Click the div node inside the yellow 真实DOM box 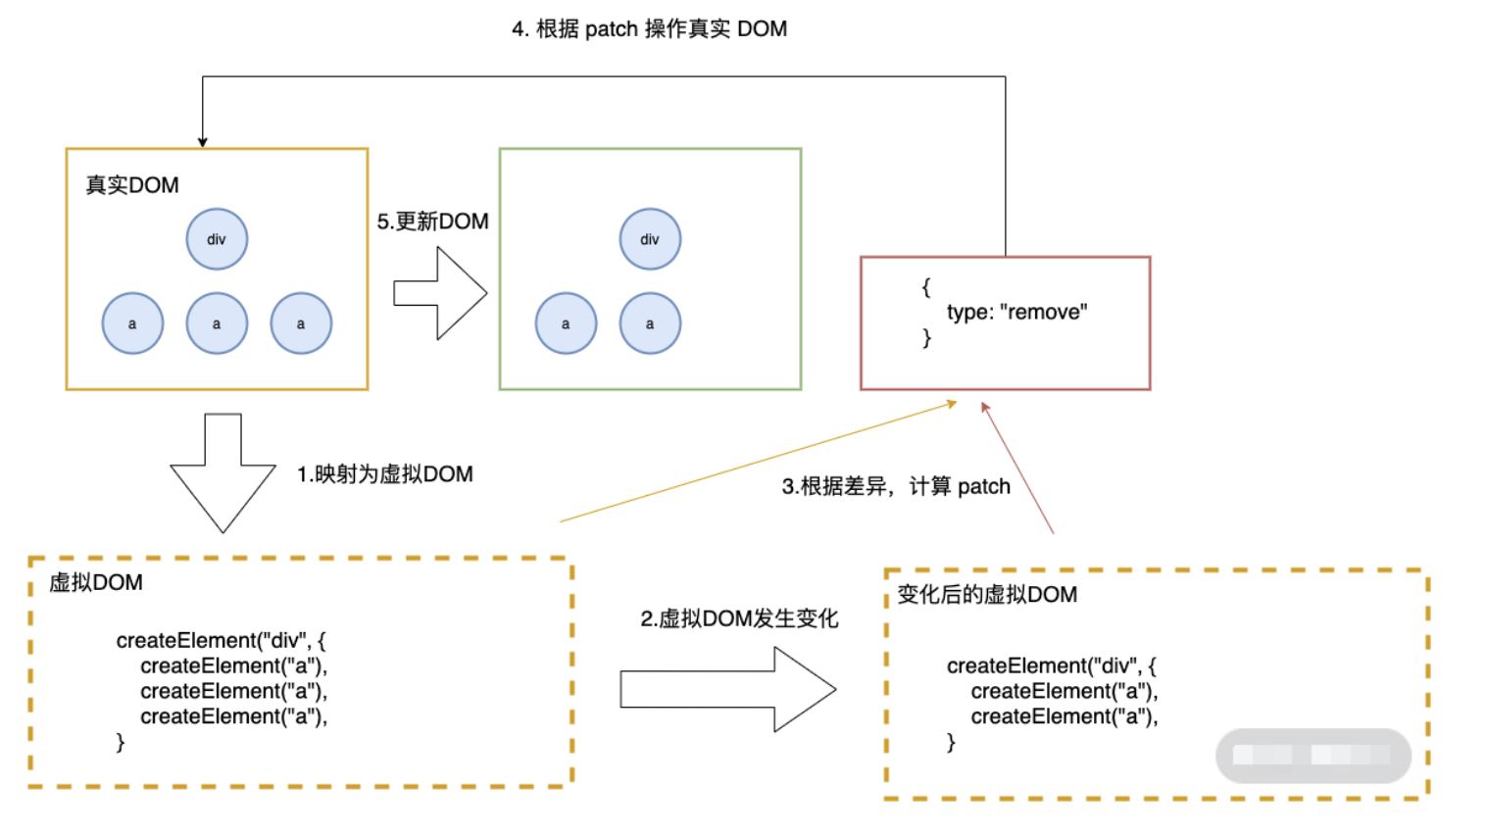pos(217,239)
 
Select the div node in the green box pos(650,239)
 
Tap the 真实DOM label pos(132,185)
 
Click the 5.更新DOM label pos(432,222)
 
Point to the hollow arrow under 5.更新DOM pos(440,293)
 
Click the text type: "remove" pos(1016,313)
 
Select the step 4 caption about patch pos(649,29)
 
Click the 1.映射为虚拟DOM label pos(385,474)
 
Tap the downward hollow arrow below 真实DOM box pos(223,472)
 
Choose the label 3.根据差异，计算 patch pos(896,486)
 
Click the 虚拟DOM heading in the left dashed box pos(96,583)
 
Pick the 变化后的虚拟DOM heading pos(987,595)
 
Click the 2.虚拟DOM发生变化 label pos(739,619)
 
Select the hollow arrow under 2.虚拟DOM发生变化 pos(727,689)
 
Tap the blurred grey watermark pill pos(1313,756)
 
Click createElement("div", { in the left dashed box pos(221,641)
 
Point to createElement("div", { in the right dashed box pos(1051,666)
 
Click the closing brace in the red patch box pos(926,338)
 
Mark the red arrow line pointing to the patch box pos(1017,468)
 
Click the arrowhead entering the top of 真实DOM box pos(203,142)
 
